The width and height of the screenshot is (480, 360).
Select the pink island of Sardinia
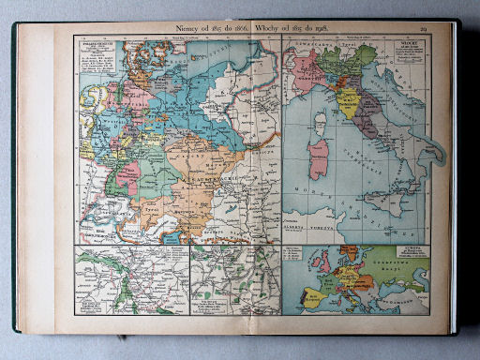pyautogui.click(x=319, y=157)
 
